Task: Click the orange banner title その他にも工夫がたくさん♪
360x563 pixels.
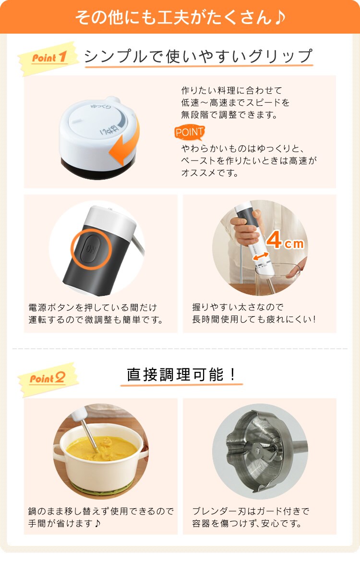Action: (180, 17)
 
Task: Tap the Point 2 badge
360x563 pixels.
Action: (48, 379)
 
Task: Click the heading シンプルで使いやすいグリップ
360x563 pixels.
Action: (198, 57)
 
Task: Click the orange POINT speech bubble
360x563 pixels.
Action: (190, 132)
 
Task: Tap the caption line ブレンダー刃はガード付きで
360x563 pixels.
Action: (251, 511)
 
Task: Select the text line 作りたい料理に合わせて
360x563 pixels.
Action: (231, 90)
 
